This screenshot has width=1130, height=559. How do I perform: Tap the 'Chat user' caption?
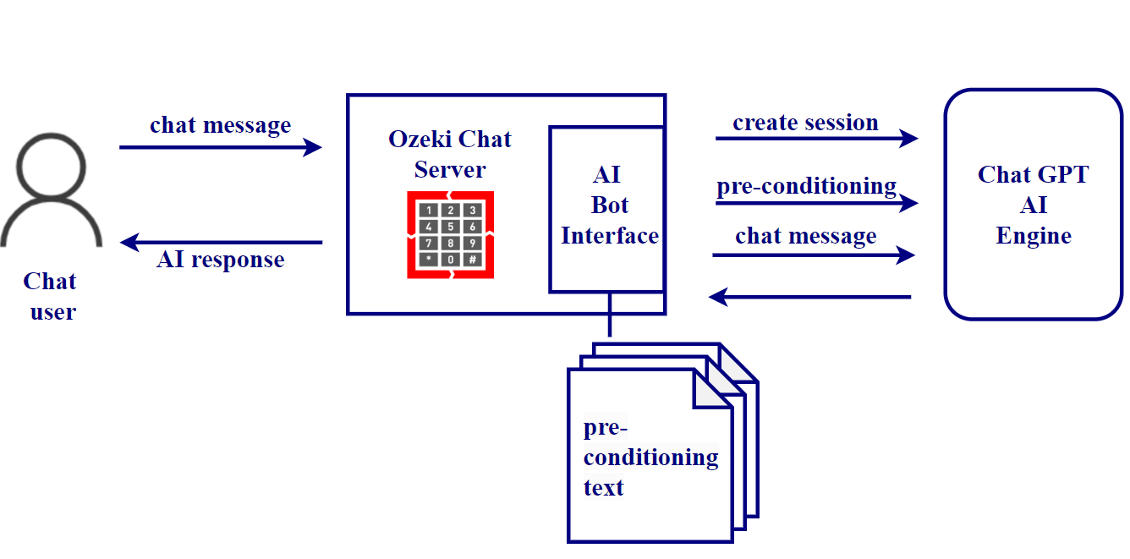tap(51, 296)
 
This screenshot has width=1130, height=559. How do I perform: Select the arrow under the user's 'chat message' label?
tap(220, 148)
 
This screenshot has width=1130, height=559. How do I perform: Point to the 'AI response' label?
tap(221, 260)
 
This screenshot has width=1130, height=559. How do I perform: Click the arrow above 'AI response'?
tap(222, 243)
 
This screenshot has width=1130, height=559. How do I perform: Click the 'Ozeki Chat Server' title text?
tap(450, 154)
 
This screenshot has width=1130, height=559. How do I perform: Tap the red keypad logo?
tap(450, 234)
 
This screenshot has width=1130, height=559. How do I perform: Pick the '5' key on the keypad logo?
tap(451, 227)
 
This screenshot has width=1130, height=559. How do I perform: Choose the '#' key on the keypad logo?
tap(472, 259)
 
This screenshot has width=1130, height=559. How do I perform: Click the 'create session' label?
tap(805, 123)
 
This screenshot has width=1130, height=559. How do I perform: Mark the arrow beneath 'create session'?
tap(816, 138)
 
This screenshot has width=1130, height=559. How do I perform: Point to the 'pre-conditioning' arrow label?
tap(807, 186)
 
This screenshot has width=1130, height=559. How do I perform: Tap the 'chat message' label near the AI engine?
tap(806, 236)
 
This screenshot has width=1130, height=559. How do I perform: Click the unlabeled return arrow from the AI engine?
tap(809, 297)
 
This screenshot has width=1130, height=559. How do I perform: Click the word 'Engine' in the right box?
tap(1034, 236)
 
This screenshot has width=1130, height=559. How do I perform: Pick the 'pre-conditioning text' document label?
tap(650, 458)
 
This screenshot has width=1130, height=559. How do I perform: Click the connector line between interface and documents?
tap(608, 315)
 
